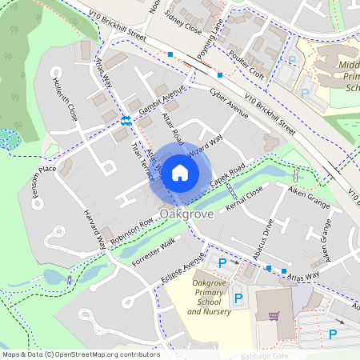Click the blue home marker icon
point(180,172)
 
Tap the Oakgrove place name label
point(186,214)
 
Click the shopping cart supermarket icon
point(274,314)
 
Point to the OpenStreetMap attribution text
point(80,354)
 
